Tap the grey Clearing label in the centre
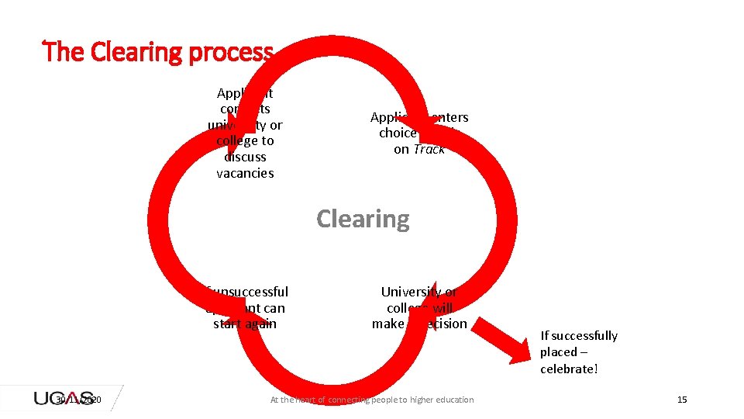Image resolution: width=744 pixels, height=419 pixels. (363, 219)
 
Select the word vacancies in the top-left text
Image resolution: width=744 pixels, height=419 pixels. (245, 173)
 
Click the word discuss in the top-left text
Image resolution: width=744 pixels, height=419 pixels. (245, 157)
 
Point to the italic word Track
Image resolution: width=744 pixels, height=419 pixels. (429, 149)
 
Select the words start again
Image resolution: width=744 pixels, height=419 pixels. (245, 324)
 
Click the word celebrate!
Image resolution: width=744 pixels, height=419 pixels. (570, 369)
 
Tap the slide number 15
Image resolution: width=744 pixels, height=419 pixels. (682, 400)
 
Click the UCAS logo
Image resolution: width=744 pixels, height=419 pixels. (64, 398)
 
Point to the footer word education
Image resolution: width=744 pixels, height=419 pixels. (453, 400)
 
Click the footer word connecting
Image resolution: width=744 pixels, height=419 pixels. (353, 400)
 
